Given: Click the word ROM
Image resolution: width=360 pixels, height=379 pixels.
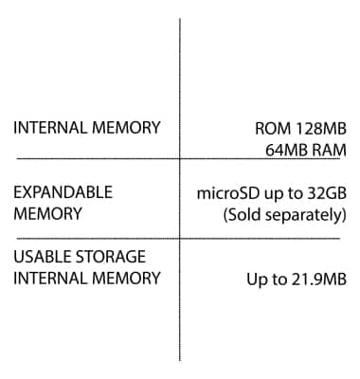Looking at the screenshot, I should coord(272,128).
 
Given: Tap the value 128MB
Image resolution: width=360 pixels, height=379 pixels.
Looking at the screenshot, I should coord(319,128).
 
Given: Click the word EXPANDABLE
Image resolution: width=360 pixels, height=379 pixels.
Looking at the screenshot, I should coord(63,192).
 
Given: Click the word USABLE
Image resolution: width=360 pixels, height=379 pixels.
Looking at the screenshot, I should coord(42,257).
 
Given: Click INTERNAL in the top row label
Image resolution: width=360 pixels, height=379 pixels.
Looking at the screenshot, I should coord(49,128).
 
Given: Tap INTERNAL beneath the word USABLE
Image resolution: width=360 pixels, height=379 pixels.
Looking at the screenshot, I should coord(49,279).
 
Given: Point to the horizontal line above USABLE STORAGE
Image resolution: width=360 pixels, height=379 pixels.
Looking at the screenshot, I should coord(95,238).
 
